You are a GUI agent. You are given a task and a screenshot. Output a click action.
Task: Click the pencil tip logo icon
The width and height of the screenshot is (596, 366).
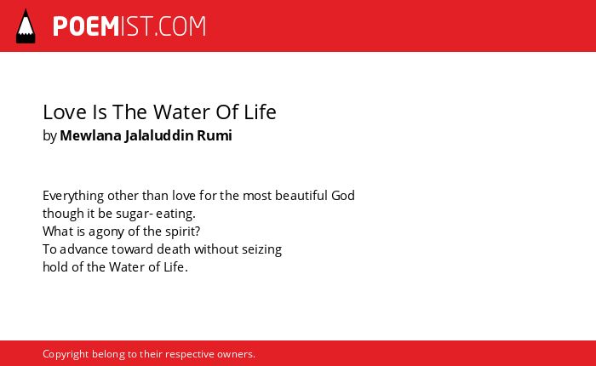tap(26, 26)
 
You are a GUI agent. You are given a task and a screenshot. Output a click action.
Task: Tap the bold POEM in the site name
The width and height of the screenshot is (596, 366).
tap(86, 26)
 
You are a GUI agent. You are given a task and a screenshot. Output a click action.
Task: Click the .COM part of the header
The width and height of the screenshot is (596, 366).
tap(181, 26)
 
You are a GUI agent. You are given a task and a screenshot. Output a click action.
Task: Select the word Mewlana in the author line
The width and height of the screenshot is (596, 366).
tap(90, 135)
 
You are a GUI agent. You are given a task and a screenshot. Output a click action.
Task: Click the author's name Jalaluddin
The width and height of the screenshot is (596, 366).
tap(159, 136)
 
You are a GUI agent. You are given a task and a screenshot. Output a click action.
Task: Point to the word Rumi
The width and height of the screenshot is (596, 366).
tap(215, 135)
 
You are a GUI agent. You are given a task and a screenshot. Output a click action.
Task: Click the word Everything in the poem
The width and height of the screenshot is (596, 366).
tap(73, 196)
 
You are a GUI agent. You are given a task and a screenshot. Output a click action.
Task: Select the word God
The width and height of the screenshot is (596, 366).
tap(343, 196)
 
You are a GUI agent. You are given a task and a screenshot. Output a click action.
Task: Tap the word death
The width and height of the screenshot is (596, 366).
tap(174, 249)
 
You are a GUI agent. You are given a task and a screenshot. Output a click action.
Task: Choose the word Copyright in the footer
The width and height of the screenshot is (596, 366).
tap(66, 354)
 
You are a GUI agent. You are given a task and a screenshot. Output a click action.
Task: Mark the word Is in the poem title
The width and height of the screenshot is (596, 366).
tap(100, 112)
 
